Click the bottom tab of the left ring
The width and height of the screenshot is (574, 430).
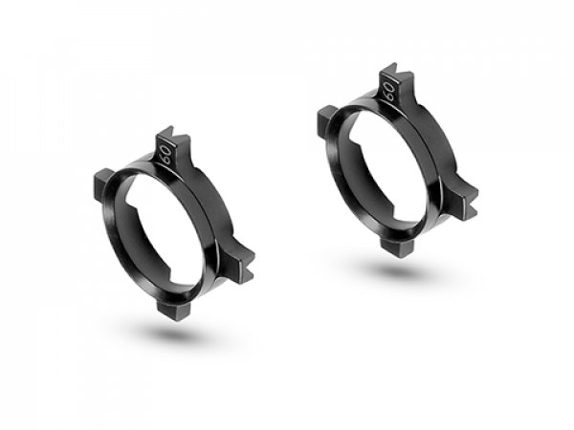coord(173,310)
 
